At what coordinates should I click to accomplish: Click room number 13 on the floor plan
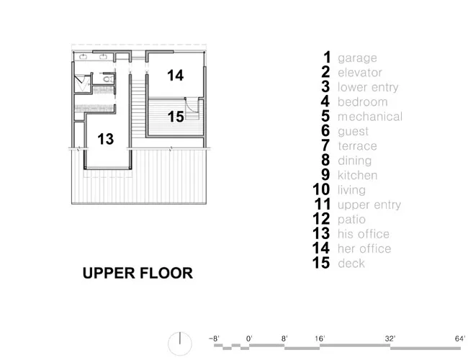click(x=106, y=139)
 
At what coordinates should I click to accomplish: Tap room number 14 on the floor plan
click(x=175, y=75)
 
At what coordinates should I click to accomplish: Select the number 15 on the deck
click(x=176, y=117)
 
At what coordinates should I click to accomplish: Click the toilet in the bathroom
click(x=108, y=79)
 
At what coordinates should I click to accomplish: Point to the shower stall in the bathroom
click(x=81, y=84)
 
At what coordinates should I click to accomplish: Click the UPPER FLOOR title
click(x=138, y=273)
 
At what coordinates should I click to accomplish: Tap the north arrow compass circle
click(x=180, y=343)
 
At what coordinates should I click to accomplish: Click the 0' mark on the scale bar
click(x=249, y=338)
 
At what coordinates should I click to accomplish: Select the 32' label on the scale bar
click(x=390, y=338)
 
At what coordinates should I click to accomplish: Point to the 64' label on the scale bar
click(x=460, y=338)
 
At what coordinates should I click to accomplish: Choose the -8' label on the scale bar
click(x=214, y=338)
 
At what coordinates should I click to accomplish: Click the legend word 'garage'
click(x=357, y=58)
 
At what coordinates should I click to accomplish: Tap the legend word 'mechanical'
click(x=370, y=117)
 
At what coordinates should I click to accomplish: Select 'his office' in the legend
click(x=364, y=234)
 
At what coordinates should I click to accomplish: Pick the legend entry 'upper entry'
click(x=369, y=204)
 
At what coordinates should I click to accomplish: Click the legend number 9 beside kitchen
click(x=325, y=175)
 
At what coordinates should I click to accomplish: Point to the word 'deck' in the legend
click(x=351, y=263)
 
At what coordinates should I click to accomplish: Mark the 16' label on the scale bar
click(x=320, y=338)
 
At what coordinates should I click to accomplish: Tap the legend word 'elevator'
click(x=360, y=73)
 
